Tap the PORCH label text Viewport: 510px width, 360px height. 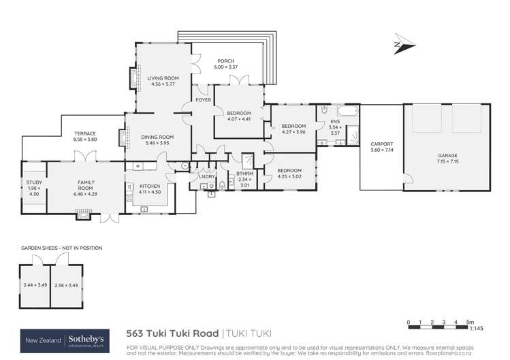[x=225, y=61]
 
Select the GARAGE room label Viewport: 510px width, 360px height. [x=447, y=155]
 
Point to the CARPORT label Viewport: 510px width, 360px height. [x=381, y=144]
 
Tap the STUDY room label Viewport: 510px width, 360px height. [x=34, y=182]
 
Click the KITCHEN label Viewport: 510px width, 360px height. [x=149, y=186]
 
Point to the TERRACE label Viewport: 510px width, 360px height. [x=85, y=133]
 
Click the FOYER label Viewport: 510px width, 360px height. [x=204, y=100]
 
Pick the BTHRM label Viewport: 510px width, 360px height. [x=244, y=174]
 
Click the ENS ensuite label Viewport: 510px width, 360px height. [x=334, y=122]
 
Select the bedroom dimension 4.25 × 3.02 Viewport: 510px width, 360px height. [x=289, y=177]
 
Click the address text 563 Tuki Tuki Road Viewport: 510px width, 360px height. [x=174, y=333]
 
